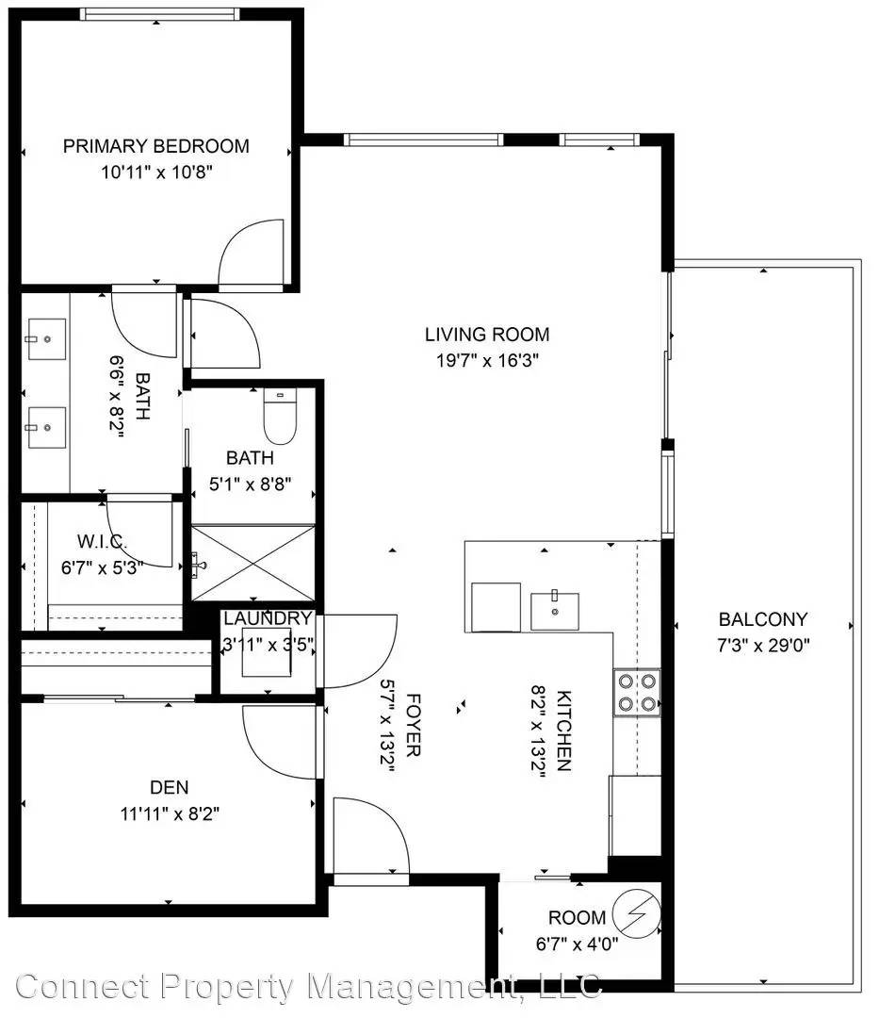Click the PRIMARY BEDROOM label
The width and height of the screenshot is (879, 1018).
tap(155, 146)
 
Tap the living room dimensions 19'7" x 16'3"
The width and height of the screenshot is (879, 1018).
tap(488, 360)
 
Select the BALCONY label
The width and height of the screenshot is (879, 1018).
tap(763, 619)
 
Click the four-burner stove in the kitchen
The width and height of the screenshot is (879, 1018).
tap(637, 692)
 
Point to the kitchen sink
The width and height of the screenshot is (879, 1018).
tap(555, 611)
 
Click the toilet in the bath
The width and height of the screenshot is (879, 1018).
tap(280, 417)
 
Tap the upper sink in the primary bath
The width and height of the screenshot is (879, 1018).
tap(46, 339)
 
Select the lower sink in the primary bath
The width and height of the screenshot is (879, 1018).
tap(46, 427)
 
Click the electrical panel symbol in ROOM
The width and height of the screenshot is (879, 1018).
tap(637, 914)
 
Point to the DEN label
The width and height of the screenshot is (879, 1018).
tap(170, 787)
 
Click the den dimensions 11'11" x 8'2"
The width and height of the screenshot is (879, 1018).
tap(170, 813)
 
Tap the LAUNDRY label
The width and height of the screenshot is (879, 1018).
tap(268, 618)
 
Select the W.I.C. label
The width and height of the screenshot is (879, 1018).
tap(102, 541)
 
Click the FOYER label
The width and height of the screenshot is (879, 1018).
tap(414, 725)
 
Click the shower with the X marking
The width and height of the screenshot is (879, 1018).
tap(253, 563)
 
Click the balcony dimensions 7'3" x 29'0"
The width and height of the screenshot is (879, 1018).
tap(763, 646)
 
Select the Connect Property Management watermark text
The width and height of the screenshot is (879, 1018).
tap(309, 987)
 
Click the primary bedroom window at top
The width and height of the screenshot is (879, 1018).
tap(159, 14)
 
